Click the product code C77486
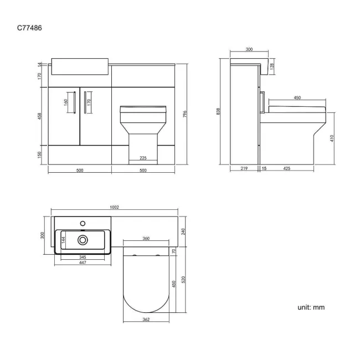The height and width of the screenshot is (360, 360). pos(29,28)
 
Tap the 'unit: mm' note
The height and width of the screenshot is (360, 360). pos(311,307)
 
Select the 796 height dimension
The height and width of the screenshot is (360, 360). pos(185,114)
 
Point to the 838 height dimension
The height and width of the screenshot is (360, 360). pos(218,111)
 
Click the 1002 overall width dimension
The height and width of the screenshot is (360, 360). pos(114,207)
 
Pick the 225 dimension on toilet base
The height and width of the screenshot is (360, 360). pos(143,158)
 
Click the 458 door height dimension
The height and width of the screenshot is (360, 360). pos(39,116)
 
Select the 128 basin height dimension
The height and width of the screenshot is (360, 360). pos(272,66)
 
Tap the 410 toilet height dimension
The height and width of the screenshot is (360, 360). pos(332,138)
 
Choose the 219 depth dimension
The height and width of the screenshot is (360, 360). pos(244,168)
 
